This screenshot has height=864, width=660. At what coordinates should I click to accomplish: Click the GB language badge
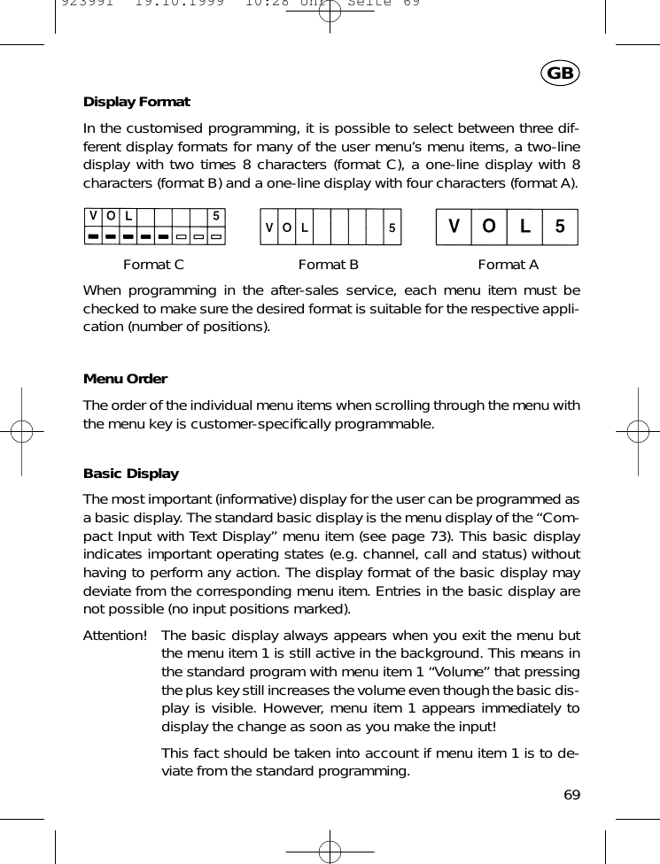[x=560, y=73]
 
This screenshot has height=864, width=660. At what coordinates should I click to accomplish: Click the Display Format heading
[x=136, y=102]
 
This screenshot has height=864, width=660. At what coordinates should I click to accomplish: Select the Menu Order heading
[x=125, y=379]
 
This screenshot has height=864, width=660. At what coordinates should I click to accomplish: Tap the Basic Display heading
[x=130, y=474]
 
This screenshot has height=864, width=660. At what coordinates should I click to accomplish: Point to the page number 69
[x=571, y=795]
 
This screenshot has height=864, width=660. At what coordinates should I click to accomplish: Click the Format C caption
[x=153, y=264]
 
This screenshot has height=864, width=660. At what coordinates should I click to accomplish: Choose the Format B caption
[x=328, y=264]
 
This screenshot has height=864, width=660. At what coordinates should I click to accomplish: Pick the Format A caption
[x=508, y=264]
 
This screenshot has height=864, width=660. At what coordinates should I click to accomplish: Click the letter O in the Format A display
[x=488, y=227]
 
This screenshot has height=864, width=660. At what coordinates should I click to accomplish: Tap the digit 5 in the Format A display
[x=559, y=227]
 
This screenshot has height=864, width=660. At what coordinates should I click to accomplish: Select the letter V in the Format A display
[x=454, y=227]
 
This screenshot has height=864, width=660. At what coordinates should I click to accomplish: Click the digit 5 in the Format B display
[x=391, y=228]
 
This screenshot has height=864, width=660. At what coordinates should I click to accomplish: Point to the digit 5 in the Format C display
[x=216, y=217]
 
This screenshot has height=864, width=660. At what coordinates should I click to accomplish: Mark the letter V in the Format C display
[x=92, y=217]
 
